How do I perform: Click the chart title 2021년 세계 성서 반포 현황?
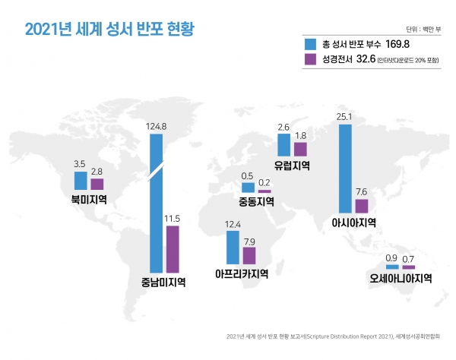point(109,30)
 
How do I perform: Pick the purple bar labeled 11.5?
point(173,248)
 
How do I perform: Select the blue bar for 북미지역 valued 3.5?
point(80,180)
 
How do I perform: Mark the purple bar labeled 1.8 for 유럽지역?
point(299,149)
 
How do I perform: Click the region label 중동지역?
point(255,202)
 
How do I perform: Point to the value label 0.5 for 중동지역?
point(247,176)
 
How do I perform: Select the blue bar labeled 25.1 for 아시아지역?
point(344,169)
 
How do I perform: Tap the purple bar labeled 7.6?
point(362,206)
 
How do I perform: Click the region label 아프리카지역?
point(242,274)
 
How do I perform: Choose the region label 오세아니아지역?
point(401,278)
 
